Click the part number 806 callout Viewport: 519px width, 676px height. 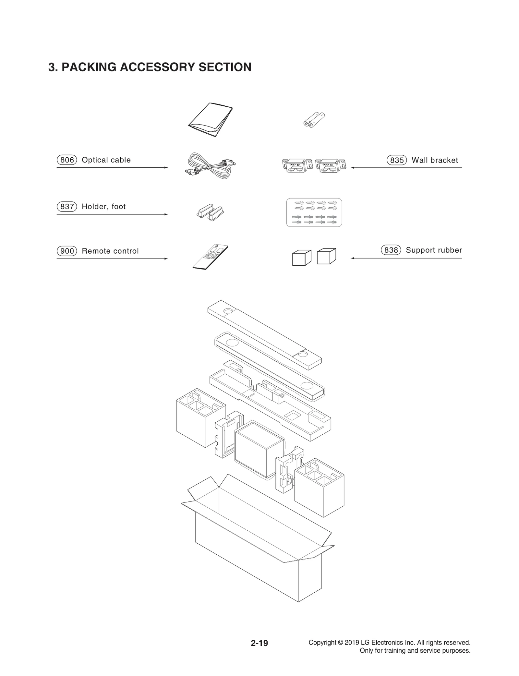67,160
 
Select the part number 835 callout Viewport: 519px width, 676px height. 397,160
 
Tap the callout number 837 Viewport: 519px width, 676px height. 67,207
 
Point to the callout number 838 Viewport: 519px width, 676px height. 391,250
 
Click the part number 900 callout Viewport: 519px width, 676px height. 67,251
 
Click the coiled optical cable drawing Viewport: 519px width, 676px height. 209,165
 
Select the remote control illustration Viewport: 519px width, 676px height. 210,257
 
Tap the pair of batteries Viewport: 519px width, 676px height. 314,119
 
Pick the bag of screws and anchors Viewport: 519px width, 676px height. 314,212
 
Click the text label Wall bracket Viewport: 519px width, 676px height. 435,160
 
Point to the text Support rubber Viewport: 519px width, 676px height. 434,250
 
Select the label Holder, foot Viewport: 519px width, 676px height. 103,207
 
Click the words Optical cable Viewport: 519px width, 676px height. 106,160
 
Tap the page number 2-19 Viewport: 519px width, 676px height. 259,643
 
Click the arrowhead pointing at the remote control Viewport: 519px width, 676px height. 166,259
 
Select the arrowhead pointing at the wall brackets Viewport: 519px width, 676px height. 353,168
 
